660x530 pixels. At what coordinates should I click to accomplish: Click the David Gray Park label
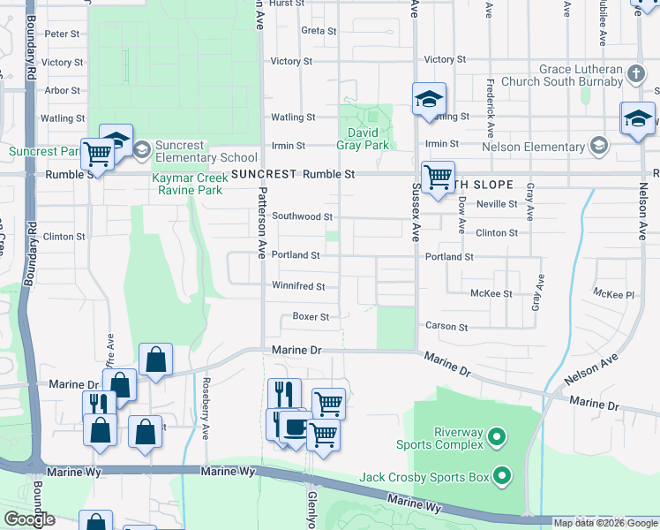click(x=363, y=139)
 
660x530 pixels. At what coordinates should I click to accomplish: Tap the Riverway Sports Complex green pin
click(x=496, y=436)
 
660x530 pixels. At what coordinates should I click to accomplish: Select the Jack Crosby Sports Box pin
click(x=503, y=478)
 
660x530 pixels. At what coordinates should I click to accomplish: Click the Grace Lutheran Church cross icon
click(x=637, y=73)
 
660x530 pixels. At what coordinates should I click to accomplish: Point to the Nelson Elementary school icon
click(x=599, y=145)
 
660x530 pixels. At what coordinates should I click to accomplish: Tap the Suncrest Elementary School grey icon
click(x=141, y=150)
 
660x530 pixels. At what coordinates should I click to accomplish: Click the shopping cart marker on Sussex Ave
click(x=438, y=178)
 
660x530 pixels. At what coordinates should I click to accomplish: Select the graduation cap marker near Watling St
click(x=429, y=100)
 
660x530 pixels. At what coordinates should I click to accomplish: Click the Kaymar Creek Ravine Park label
click(x=190, y=184)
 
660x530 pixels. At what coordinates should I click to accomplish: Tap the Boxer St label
click(x=311, y=317)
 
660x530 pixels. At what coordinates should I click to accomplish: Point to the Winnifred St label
click(x=298, y=286)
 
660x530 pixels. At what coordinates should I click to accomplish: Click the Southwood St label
click(x=302, y=216)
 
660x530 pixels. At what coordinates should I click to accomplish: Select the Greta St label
click(x=319, y=31)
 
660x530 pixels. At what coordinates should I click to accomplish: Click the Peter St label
click(x=62, y=34)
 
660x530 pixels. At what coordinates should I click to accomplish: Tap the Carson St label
click(x=439, y=326)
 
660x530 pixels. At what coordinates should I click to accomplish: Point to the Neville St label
click(x=496, y=203)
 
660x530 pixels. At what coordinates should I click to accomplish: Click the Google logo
click(x=30, y=519)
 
